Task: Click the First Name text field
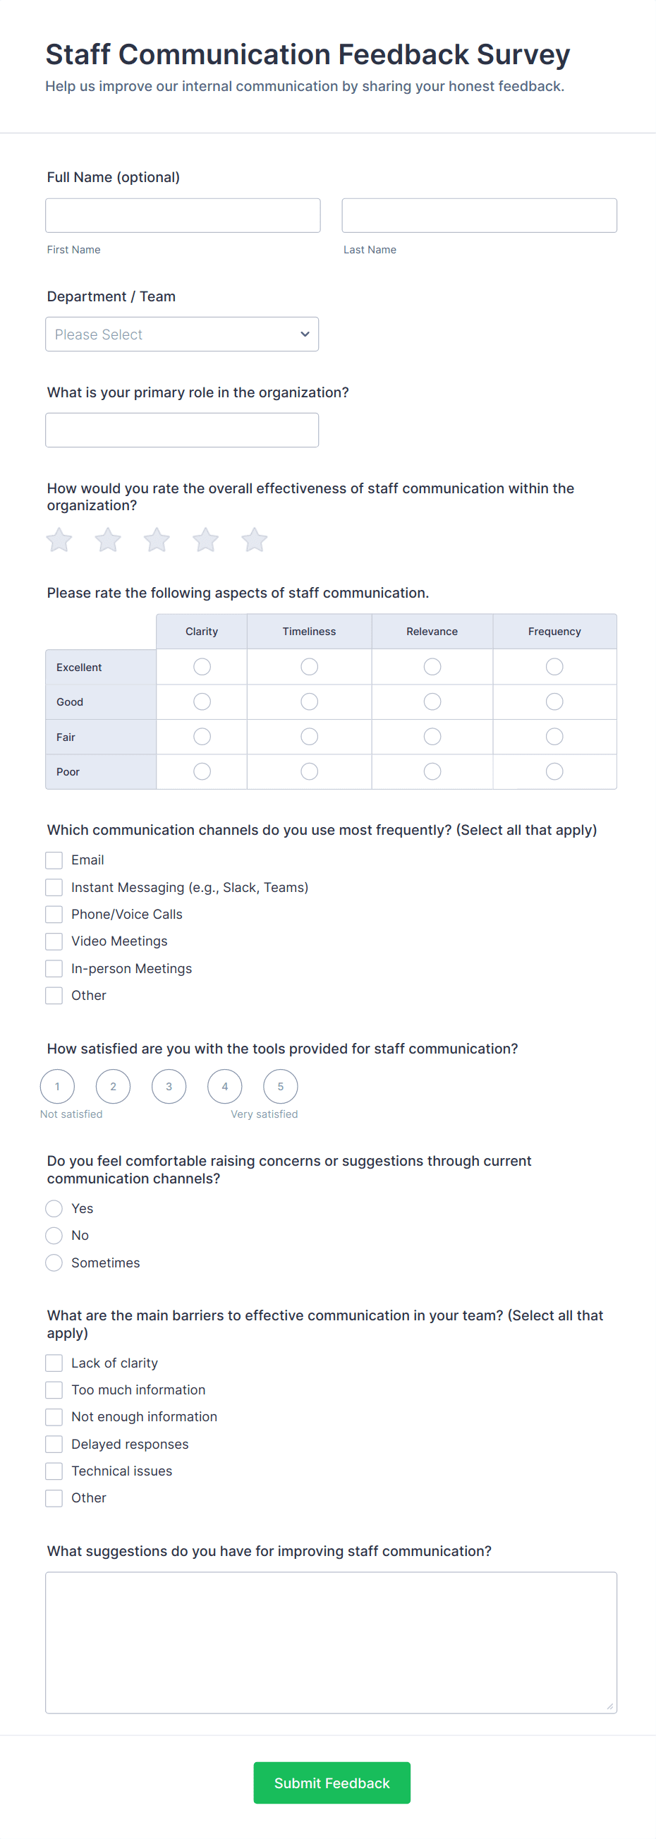tap(183, 216)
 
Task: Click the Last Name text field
tap(479, 216)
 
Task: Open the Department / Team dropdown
tap(182, 334)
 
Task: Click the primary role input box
tap(182, 430)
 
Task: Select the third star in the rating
tap(157, 540)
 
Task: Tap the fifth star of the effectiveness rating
tap(254, 540)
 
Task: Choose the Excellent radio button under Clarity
tap(202, 667)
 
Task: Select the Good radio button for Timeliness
tap(309, 701)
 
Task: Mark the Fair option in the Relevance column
tap(432, 737)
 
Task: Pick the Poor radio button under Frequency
tap(554, 772)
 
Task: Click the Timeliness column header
tap(309, 632)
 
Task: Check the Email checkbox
tap(54, 860)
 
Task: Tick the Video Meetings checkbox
tap(54, 941)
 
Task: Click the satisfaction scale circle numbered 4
tap(225, 1087)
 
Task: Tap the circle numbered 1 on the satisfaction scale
tap(58, 1087)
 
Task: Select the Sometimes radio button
tap(54, 1263)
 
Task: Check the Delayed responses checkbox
tap(54, 1445)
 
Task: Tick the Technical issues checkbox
tap(54, 1471)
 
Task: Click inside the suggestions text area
tap(332, 1642)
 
